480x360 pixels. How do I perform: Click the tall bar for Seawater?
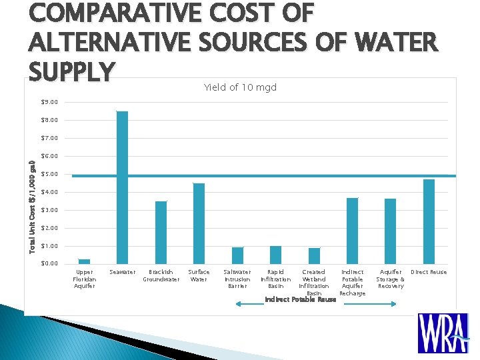coord(122,187)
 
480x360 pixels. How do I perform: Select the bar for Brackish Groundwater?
coord(161,232)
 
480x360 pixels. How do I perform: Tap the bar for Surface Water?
coord(199,223)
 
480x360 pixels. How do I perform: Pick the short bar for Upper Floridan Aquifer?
coord(84,261)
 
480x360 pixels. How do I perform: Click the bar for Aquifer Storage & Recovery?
coord(390,231)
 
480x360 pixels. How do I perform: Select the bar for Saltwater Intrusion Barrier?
coord(237,255)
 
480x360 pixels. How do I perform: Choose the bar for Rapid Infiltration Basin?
coord(275,255)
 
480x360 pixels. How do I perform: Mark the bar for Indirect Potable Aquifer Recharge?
coord(352,231)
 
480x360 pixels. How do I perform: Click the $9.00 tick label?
coord(49,102)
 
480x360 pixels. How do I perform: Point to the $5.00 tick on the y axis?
coord(49,174)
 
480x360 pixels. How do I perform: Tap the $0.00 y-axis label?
coord(49,264)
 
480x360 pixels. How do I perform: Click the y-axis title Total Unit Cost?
coord(32,207)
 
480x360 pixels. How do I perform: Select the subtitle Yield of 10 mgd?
coord(240,87)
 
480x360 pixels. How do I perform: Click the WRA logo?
coord(443,333)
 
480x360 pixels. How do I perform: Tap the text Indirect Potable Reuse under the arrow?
coord(300,299)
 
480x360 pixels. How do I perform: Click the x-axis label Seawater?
coord(122,272)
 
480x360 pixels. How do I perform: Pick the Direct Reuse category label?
coord(429,272)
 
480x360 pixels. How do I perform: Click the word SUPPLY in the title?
coord(72,69)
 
